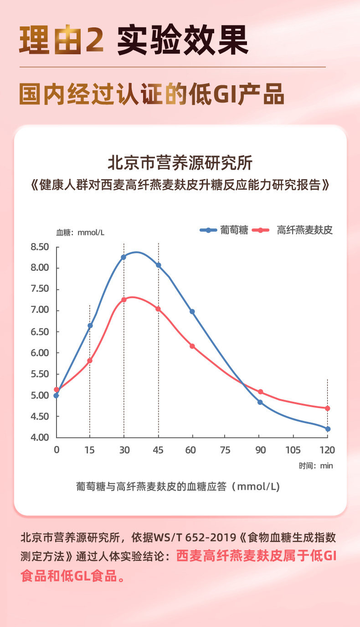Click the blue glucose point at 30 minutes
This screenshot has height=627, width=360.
tap(123, 257)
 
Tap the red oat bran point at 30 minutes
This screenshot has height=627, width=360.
tap(123, 300)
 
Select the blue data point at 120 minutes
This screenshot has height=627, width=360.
tap(328, 429)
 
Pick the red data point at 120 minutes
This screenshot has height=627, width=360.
tap(328, 408)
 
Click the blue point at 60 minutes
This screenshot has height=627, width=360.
tap(192, 311)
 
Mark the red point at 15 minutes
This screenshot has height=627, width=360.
tap(90, 361)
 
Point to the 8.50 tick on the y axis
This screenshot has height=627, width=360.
tap(40, 247)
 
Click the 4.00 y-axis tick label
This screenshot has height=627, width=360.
tap(40, 437)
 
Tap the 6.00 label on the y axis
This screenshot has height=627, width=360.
tap(40, 352)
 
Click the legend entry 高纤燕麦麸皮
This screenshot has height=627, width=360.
tap(305, 230)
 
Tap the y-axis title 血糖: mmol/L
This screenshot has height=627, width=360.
tap(80, 233)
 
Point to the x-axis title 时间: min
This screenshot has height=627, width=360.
tap(316, 466)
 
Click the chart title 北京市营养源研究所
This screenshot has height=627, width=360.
tap(180, 163)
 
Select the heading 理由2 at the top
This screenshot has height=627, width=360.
tap(62, 41)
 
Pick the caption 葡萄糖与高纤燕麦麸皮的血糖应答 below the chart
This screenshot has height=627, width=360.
tap(153, 487)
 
